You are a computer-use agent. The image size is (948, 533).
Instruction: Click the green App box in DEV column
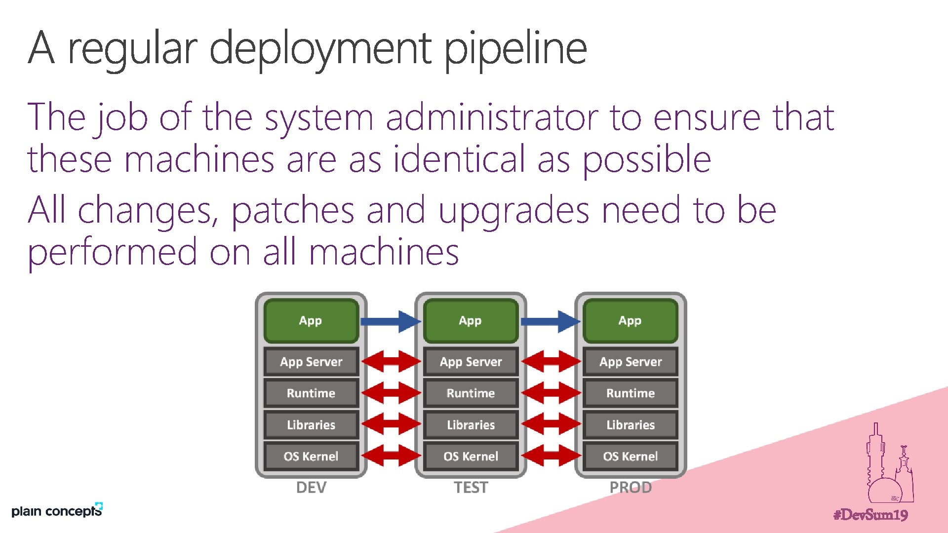click(311, 321)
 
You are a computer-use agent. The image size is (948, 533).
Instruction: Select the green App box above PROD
click(630, 321)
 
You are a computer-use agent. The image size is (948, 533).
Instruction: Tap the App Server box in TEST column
click(471, 362)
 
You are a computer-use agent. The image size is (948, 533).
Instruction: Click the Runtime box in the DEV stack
click(311, 393)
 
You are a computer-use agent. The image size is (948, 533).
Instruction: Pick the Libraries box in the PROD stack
click(630, 425)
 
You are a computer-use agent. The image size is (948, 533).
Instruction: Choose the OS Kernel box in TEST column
click(471, 456)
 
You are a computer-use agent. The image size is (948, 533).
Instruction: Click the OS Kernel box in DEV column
click(311, 456)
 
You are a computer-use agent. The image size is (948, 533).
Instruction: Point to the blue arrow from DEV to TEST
click(390, 321)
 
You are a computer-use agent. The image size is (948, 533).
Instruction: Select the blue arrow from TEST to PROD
click(550, 321)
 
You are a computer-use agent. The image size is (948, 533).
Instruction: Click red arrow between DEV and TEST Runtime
click(391, 393)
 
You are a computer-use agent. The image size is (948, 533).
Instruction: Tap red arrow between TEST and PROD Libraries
click(551, 424)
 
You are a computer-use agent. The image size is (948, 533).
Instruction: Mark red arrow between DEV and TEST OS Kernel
click(391, 456)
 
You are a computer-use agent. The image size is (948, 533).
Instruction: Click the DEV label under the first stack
click(311, 488)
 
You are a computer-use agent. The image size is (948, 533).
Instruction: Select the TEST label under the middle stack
click(471, 488)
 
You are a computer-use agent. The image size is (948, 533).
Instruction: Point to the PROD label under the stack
click(631, 488)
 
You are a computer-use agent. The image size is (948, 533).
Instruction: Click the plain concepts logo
click(57, 511)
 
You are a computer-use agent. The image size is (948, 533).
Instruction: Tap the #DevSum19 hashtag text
click(870, 515)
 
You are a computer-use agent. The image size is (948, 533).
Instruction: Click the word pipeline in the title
click(515, 48)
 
